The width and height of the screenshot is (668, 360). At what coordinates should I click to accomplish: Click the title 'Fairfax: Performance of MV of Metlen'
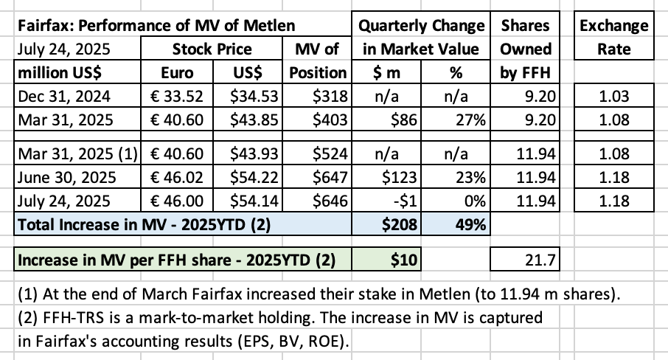[x=156, y=26]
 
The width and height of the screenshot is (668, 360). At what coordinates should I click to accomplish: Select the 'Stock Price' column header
[x=212, y=49]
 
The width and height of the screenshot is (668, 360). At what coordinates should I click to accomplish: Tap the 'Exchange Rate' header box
[x=614, y=37]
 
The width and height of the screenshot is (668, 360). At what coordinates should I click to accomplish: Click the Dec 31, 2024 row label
[x=64, y=97]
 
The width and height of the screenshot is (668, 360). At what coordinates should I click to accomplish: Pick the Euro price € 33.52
[x=177, y=97]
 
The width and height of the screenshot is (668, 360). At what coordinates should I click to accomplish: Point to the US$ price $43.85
[x=254, y=120]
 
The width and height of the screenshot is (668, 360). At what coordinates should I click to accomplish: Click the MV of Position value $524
[x=330, y=153]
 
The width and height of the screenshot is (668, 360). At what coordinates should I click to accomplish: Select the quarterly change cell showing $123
[x=399, y=177]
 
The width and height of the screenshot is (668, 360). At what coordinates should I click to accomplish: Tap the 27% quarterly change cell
[x=470, y=120]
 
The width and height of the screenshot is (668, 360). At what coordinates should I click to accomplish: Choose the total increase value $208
[x=399, y=224]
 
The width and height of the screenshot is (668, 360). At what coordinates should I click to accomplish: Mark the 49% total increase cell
[x=470, y=224]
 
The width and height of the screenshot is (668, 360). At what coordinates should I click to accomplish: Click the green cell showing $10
[x=404, y=260]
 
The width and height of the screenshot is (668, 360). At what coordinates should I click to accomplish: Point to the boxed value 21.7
[x=540, y=260]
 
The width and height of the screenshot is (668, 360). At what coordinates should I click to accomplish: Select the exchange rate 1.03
[x=614, y=97]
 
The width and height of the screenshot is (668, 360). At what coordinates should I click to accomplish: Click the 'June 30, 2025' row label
[x=66, y=177]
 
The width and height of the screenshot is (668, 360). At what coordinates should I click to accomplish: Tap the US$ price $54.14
[x=254, y=201]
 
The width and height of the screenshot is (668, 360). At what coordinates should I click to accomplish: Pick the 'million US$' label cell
[x=60, y=73]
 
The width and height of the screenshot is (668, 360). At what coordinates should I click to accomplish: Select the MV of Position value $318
[x=330, y=97]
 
